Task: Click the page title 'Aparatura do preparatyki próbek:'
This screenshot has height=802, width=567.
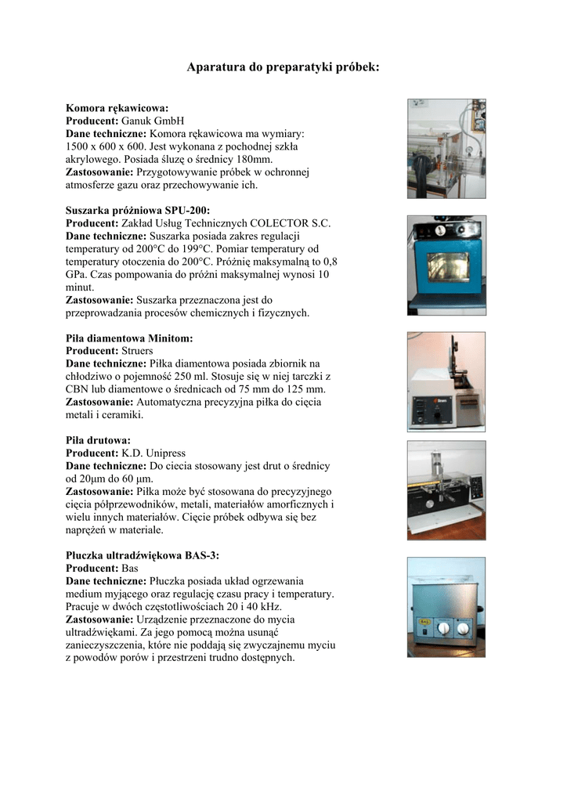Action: [x=283, y=68]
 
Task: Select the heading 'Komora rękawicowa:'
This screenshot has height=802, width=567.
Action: [x=117, y=107]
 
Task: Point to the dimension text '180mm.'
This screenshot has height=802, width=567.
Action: [x=257, y=159]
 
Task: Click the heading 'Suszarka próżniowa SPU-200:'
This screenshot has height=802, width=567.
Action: [x=138, y=210]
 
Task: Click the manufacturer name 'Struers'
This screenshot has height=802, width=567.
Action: [x=137, y=351]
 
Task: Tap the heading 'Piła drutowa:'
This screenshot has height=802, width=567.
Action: [x=98, y=440]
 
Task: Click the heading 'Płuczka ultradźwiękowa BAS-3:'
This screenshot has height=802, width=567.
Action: [x=143, y=555]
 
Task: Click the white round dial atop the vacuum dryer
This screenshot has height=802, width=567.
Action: [x=423, y=231]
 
